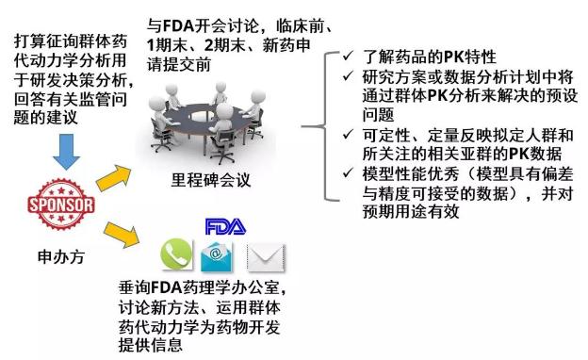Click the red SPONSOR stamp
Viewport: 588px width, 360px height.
coord(61,205)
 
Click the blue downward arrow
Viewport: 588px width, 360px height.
coord(66,152)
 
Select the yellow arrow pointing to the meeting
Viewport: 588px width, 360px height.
coord(114,177)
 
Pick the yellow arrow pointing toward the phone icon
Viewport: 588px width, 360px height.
coord(122,234)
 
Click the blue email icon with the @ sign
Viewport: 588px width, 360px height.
coord(217,256)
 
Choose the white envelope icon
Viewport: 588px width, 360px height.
coord(267,257)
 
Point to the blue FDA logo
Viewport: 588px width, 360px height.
coord(225,227)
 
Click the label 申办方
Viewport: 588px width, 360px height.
coord(61,257)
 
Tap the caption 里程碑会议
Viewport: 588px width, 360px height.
coord(211,180)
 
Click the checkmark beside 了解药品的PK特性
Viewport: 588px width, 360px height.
coord(348,56)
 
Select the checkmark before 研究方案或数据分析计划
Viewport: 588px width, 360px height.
coord(348,75)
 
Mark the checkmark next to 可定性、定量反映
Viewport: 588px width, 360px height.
coord(348,134)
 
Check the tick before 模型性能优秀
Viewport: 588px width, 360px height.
coord(348,172)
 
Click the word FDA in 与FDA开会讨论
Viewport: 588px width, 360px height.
coord(178,26)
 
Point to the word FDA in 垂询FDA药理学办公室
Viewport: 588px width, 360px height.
coord(167,288)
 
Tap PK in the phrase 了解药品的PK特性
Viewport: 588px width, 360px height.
coord(454,57)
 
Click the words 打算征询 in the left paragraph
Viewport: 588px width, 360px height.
coord(46,41)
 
